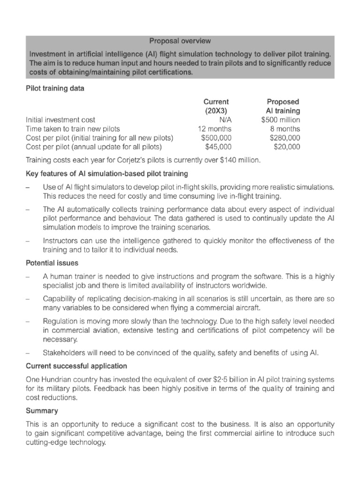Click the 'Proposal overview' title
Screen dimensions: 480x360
pos(180,41)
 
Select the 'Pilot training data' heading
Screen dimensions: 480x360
pos(55,89)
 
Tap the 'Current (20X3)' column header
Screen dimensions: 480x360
pos(216,106)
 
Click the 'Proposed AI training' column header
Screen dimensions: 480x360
pos(283,106)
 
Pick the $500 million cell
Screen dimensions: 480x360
pos(281,120)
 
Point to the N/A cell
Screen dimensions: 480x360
pos(225,120)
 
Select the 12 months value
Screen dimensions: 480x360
pos(214,129)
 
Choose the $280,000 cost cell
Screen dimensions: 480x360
pos(285,138)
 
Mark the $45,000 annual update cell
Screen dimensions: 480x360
pos(218,147)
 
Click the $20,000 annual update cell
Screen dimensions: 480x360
pos(287,147)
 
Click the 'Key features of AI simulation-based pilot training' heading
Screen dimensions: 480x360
pos(106,174)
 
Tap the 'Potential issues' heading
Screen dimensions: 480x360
pos(52,263)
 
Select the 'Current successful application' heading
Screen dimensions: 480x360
pos(76,366)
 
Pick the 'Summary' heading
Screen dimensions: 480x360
pos(42,411)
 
